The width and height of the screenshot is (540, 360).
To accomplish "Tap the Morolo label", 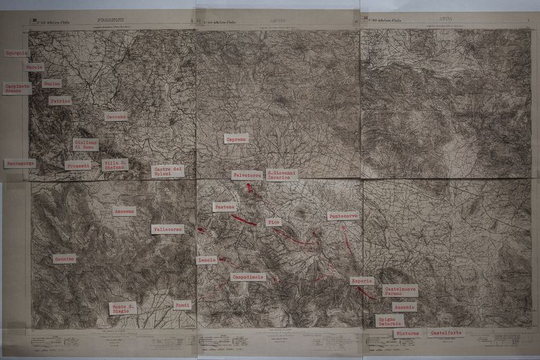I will click(x=34, y=68).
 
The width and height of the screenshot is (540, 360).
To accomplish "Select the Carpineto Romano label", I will click(x=17, y=88).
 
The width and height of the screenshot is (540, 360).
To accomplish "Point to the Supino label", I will click(x=52, y=83).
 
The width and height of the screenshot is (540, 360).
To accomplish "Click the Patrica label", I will click(x=60, y=101).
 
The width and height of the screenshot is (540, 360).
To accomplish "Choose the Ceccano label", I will click(x=116, y=117).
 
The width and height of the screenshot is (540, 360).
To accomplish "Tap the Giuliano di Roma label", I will click(x=86, y=145).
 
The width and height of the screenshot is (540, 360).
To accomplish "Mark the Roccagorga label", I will click(x=19, y=163).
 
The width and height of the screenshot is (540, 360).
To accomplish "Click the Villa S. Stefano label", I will click(x=115, y=164).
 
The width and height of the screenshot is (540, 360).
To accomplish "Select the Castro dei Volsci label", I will click(x=168, y=171).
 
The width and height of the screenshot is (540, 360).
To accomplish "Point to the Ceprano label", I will click(x=236, y=138).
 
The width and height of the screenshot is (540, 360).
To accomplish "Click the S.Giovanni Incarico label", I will click(x=281, y=174).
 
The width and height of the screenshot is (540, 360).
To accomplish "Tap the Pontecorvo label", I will click(x=344, y=216).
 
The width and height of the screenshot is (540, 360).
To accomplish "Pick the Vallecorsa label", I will click(x=167, y=229).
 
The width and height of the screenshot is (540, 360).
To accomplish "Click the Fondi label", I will click(x=182, y=305).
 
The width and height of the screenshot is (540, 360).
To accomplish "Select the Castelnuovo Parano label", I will click(x=400, y=291).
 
